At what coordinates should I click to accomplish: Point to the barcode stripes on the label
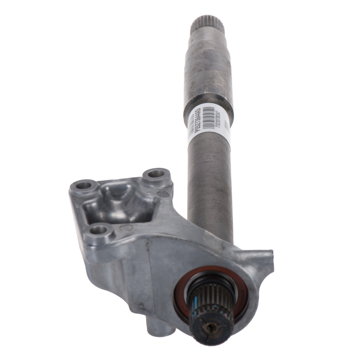(209, 112)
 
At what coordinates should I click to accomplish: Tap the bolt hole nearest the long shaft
(156, 174)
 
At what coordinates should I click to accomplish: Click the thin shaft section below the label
(209, 180)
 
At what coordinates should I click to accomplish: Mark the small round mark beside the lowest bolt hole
(127, 228)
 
